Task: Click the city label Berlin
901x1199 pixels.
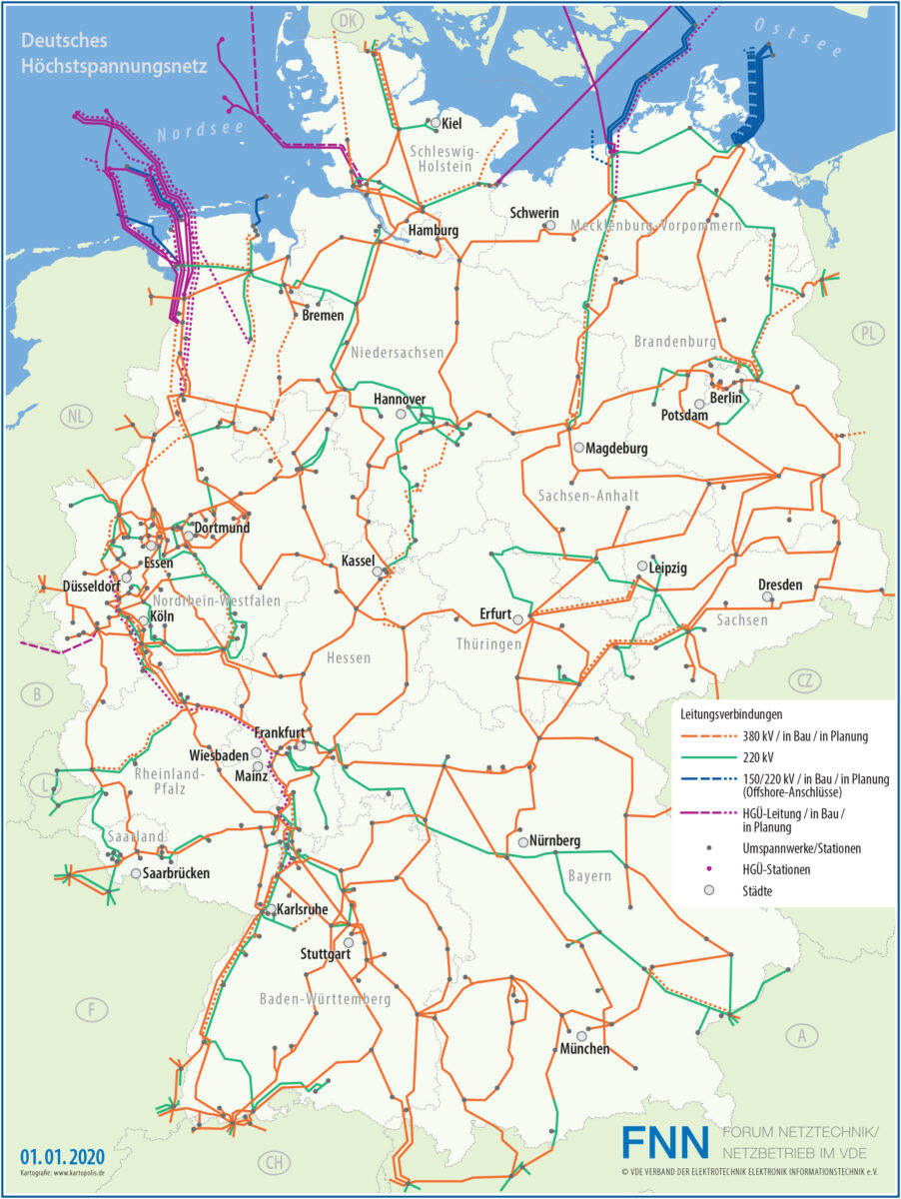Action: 726,399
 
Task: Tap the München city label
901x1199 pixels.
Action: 583,1049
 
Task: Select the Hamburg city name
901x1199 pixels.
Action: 434,231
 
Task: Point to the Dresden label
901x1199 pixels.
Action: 780,585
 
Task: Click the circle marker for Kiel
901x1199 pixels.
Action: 436,123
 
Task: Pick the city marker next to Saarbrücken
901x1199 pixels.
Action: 136,873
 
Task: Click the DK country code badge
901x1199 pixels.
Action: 348,19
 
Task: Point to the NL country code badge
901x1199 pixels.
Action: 73,416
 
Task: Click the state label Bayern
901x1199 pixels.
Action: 589,876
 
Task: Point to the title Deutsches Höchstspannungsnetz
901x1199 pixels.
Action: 113,55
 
